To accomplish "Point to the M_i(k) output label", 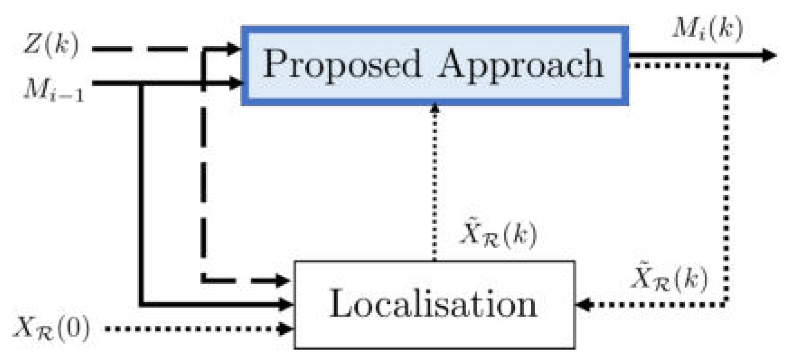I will (706, 29).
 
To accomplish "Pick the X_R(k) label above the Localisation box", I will (498, 236).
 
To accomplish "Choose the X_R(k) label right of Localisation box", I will (670, 278).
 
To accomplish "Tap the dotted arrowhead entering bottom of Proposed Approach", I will (435, 108).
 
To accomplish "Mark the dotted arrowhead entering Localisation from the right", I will (583, 304).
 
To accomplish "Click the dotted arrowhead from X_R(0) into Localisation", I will (286, 329).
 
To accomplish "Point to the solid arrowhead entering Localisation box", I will (286, 304).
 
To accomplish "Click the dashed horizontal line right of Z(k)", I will (139, 49).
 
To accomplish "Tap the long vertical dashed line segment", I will (203, 173).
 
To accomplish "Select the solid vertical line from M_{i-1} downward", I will (141, 195).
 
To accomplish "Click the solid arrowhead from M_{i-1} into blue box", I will (235, 82).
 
